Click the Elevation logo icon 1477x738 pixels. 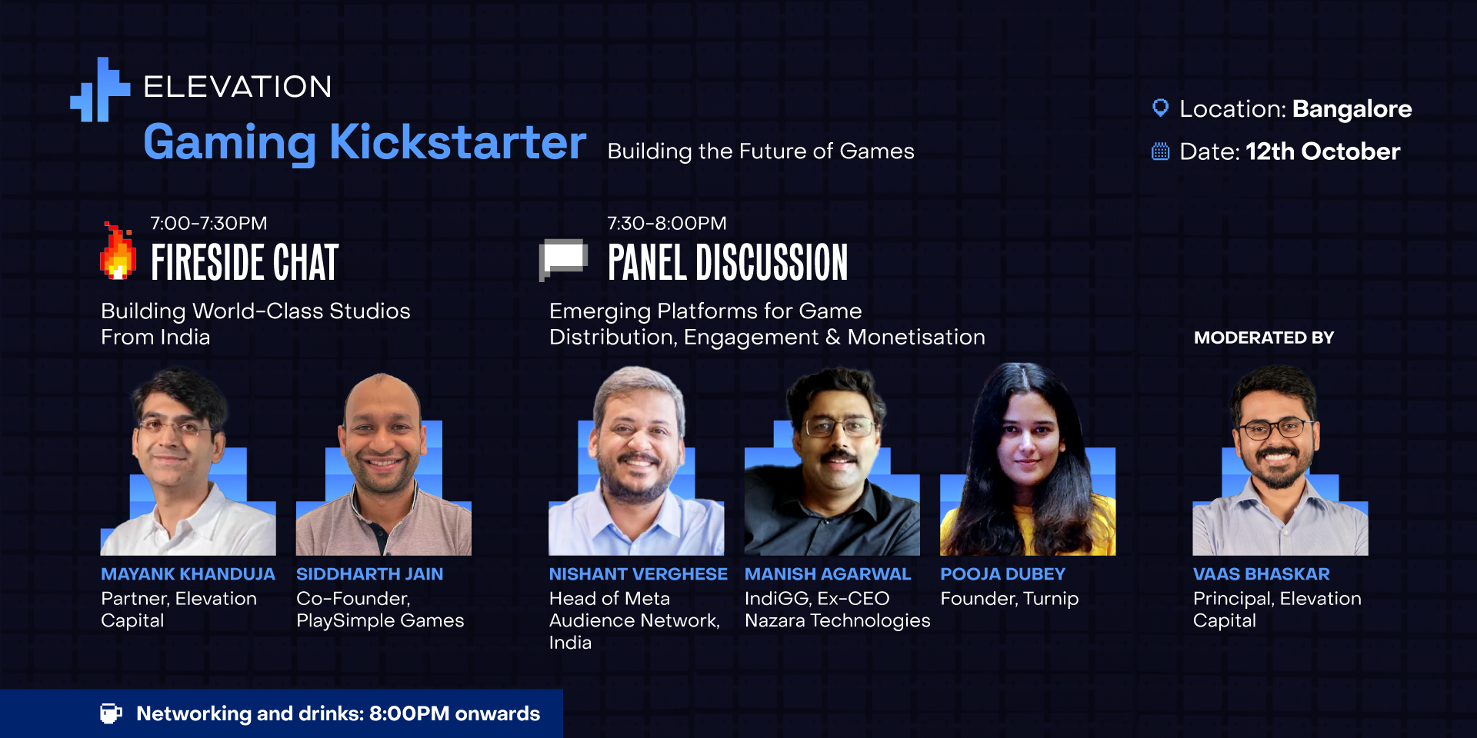pyautogui.click(x=100, y=90)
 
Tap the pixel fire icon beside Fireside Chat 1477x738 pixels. pyautogui.click(x=118, y=251)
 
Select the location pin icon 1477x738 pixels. pyautogui.click(x=1160, y=108)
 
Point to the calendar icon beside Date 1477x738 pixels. pyautogui.click(x=1160, y=151)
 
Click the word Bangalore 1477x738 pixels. pyautogui.click(x=1352, y=109)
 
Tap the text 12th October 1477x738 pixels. pyautogui.click(x=1323, y=151)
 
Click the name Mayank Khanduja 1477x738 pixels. pyautogui.click(x=188, y=574)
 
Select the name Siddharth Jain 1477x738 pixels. pyautogui.click(x=370, y=574)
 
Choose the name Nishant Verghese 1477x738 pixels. pyautogui.click(x=638, y=574)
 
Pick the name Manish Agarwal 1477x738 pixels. pyautogui.click(x=828, y=574)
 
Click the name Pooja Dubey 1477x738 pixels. pyautogui.click(x=1003, y=574)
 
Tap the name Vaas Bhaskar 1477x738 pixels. pyautogui.click(x=1262, y=574)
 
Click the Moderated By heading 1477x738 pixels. pyautogui.click(x=1264, y=337)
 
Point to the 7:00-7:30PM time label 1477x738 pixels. pyautogui.click(x=208, y=223)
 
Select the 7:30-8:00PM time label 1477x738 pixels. pyautogui.click(x=667, y=223)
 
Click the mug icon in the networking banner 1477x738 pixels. pyautogui.click(x=111, y=713)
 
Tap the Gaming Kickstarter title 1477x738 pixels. pyautogui.click(x=365, y=143)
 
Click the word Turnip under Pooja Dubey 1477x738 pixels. pyautogui.click(x=1051, y=599)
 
